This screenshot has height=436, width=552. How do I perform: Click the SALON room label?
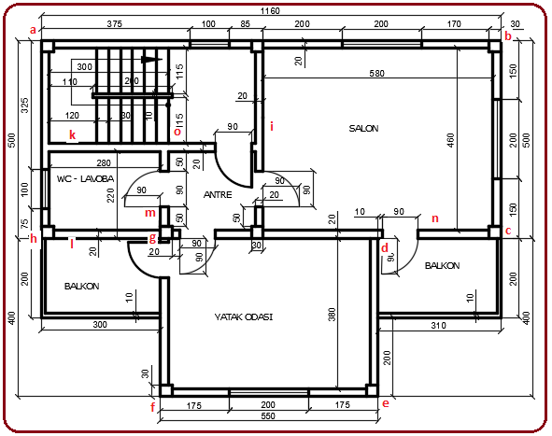click(363, 129)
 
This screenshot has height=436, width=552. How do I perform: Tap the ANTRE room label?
click(219, 194)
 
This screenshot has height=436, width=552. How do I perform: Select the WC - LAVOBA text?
click(84, 177)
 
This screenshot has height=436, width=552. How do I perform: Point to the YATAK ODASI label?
click(242, 317)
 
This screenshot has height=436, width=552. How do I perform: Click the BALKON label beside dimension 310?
click(442, 266)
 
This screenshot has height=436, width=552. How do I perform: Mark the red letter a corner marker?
click(34, 30)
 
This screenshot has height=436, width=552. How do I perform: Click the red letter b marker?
click(508, 35)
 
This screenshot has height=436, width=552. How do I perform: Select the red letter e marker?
click(384, 403)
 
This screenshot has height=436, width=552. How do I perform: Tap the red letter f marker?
click(152, 407)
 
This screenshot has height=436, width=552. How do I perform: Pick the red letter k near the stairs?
click(72, 135)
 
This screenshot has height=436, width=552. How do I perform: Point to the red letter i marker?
click(272, 125)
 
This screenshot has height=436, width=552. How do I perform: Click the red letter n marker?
click(434, 220)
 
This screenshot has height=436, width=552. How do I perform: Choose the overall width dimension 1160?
click(270, 9)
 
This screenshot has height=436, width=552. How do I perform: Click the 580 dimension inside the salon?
click(376, 73)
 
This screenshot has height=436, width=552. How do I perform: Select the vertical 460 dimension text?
click(450, 139)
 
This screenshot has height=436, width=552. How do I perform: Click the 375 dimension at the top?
click(116, 22)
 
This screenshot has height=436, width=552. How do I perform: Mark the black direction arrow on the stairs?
click(147, 58)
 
